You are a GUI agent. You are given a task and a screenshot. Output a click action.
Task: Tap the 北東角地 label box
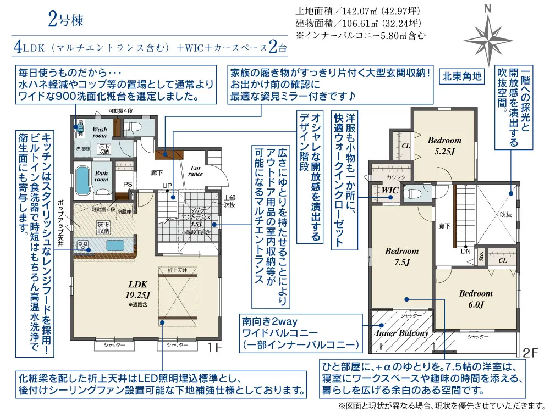(462, 76)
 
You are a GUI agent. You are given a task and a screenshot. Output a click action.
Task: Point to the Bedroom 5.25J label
(444, 145)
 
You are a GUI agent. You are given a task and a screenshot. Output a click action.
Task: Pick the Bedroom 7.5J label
(402, 257)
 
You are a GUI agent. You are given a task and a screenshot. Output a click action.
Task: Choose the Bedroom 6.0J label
(476, 299)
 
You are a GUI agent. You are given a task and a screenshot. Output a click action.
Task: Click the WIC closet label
(391, 190)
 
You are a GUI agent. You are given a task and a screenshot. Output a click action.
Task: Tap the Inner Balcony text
(402, 333)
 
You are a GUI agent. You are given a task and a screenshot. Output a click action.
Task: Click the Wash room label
(100, 132)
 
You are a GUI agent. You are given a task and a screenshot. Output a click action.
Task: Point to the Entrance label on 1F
(196, 171)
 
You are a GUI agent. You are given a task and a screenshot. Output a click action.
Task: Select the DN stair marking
(465, 251)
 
